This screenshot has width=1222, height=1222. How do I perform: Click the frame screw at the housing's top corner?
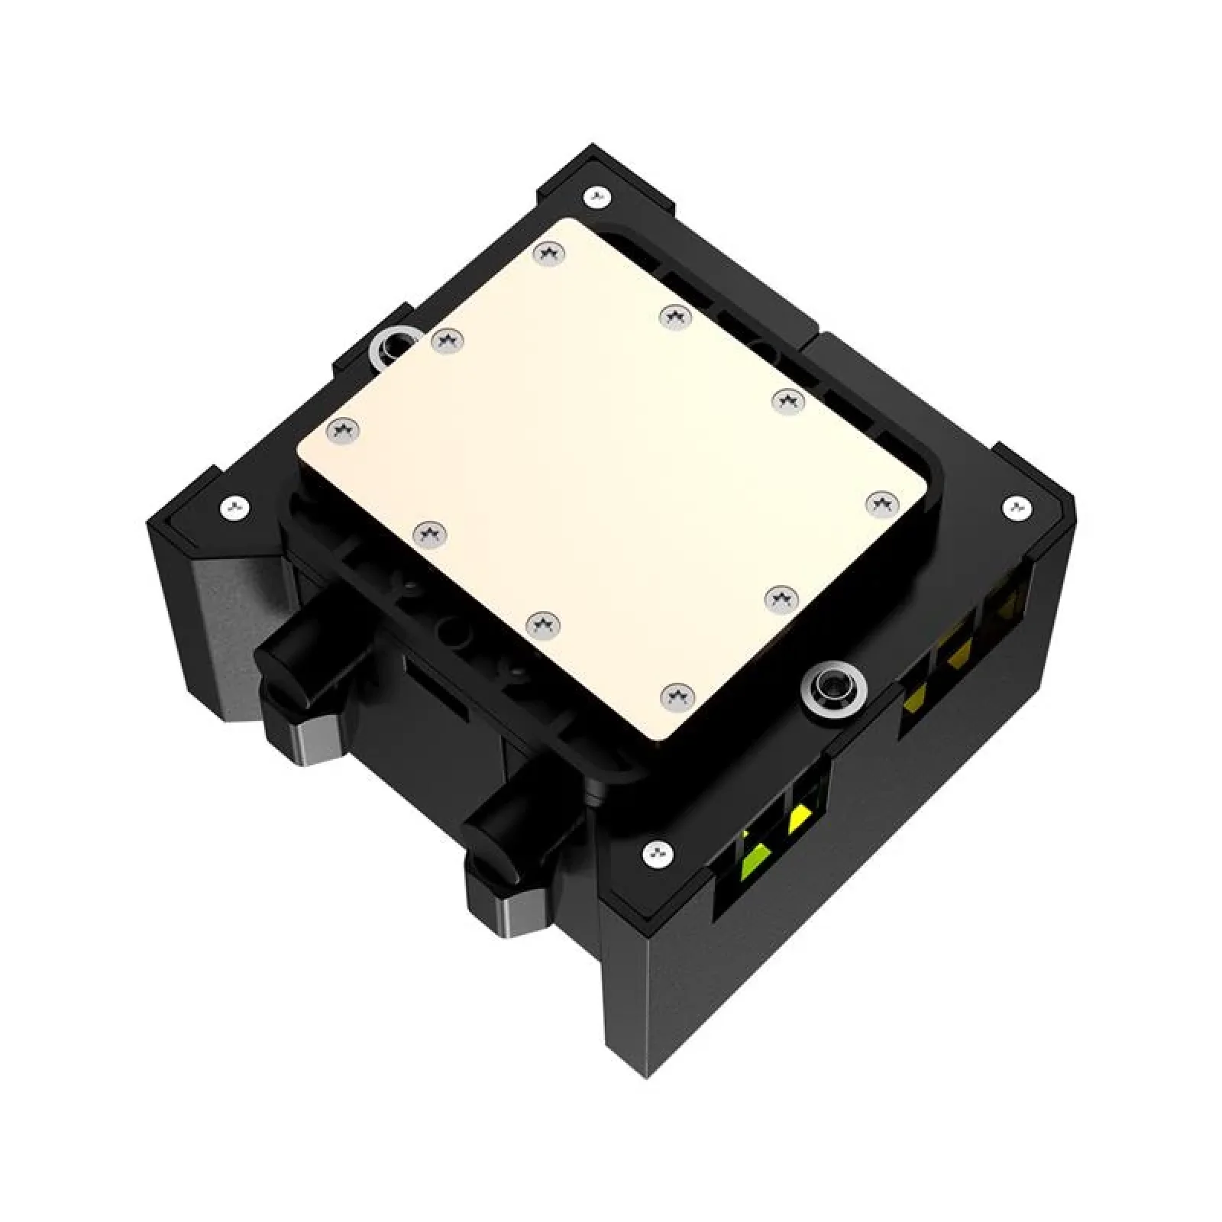pos(596,196)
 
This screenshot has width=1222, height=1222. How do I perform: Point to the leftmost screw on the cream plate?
pos(343,432)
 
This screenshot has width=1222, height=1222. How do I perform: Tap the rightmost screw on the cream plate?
pos(882,503)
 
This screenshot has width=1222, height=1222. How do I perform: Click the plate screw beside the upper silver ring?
pos(447,340)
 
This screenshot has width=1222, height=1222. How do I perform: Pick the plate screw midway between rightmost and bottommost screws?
pos(781,596)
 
